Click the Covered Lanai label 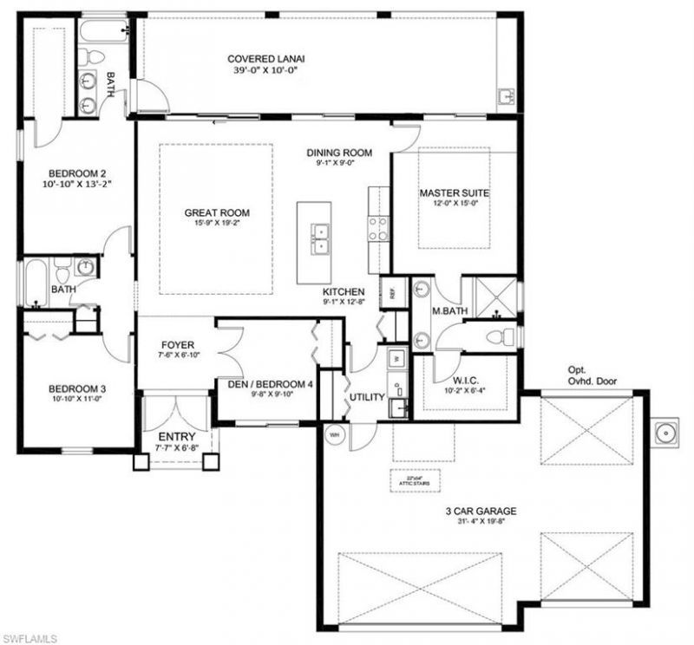(x=266, y=59)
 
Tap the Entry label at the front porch (x=176, y=436)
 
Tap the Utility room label (x=367, y=397)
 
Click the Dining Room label (x=339, y=153)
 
